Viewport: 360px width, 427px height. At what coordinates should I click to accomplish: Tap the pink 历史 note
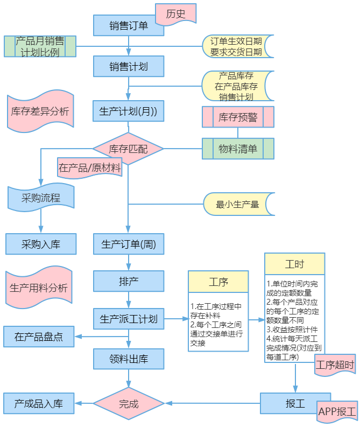[x=176, y=14]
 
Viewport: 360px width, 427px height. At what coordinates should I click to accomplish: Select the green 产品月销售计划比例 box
[x=40, y=46]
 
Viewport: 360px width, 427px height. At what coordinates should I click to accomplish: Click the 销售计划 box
[x=129, y=66]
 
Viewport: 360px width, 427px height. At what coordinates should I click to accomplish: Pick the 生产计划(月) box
[x=129, y=111]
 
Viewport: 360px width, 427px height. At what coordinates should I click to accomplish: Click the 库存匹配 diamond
[x=128, y=149]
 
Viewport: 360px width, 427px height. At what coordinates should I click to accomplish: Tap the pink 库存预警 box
[x=238, y=117]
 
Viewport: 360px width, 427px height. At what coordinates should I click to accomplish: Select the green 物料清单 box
[x=238, y=149]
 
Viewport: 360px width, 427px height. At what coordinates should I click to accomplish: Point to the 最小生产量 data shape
[x=238, y=204]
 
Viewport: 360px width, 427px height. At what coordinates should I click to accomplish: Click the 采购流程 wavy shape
[x=41, y=198]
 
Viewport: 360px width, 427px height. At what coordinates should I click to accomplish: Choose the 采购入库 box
[x=41, y=244]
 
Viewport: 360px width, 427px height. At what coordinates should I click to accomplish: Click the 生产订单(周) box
[x=129, y=244]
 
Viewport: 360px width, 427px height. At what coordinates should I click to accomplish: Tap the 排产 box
[x=129, y=281]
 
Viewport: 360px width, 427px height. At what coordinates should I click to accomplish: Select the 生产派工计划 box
[x=129, y=319]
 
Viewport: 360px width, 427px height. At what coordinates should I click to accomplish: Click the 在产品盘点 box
[x=39, y=337]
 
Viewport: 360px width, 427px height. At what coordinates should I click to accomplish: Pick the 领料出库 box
[x=129, y=359]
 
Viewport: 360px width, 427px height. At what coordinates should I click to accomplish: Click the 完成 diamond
[x=129, y=403]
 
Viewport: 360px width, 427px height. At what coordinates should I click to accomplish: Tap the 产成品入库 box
[x=39, y=403]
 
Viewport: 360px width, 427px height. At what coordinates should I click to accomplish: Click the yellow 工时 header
[x=295, y=264]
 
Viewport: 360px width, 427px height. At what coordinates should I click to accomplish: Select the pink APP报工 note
[x=337, y=411]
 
